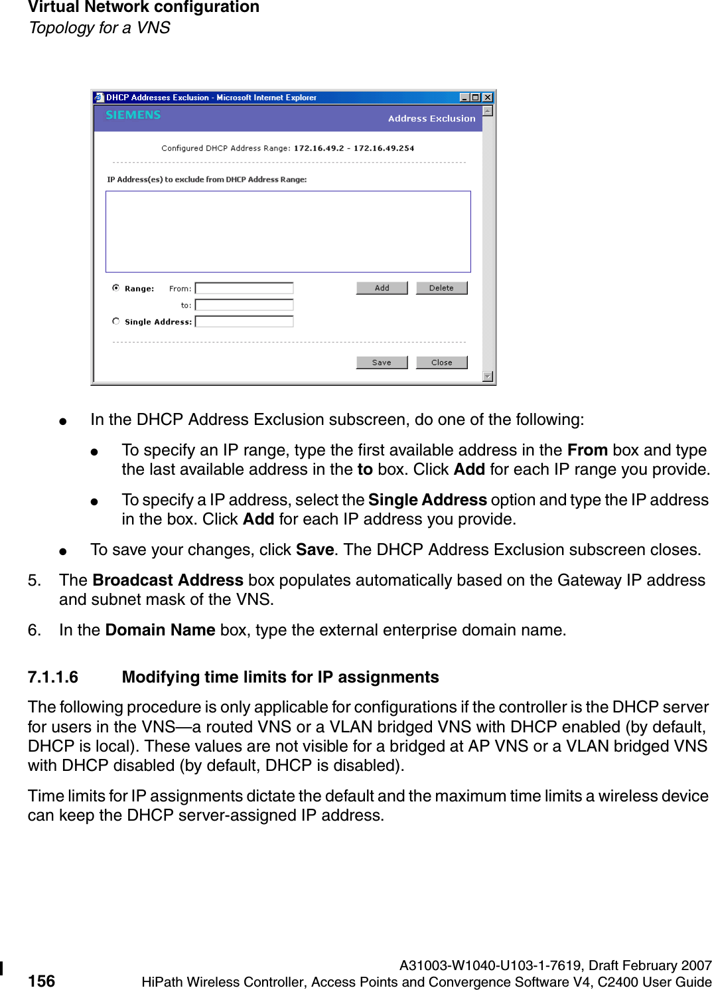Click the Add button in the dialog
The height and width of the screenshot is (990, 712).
click(x=382, y=288)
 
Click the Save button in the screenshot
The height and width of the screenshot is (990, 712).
click(x=382, y=363)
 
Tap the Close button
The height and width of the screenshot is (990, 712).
click(x=441, y=363)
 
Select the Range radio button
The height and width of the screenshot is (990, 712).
click(x=116, y=288)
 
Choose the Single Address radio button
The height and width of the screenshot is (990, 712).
click(x=116, y=321)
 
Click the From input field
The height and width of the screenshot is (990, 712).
click(x=244, y=288)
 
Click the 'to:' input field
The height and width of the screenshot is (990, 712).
click(x=244, y=305)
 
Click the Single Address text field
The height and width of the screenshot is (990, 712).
click(x=244, y=321)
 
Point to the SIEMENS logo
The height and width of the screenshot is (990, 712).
click(x=133, y=115)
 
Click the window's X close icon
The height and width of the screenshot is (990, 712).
click(x=488, y=98)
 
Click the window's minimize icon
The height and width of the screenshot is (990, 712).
click(x=464, y=98)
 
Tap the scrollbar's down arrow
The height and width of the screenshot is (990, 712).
click(x=488, y=376)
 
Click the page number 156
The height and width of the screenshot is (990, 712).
click(x=42, y=981)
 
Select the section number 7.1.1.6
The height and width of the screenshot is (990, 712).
click(x=53, y=677)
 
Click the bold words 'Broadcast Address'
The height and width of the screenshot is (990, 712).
click(x=168, y=580)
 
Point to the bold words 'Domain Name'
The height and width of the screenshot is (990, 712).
click(x=160, y=629)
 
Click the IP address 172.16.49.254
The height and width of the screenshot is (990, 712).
click(x=384, y=148)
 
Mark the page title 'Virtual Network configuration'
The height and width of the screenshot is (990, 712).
click(x=143, y=7)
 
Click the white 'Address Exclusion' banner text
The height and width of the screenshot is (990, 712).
click(x=431, y=118)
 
